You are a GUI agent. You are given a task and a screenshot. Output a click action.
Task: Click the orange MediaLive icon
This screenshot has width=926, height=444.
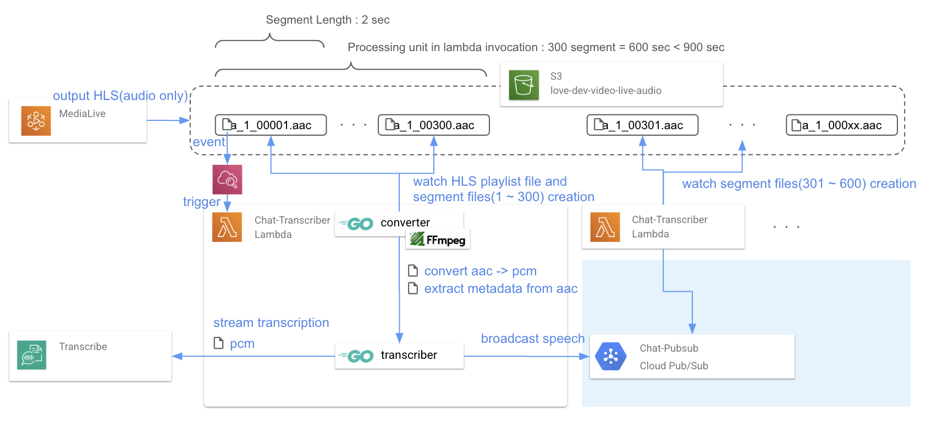click(x=36, y=121)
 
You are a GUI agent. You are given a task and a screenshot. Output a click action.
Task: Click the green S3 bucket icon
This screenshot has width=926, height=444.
click(x=523, y=85)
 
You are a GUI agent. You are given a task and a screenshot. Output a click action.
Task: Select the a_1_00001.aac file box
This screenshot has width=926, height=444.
click(x=271, y=125)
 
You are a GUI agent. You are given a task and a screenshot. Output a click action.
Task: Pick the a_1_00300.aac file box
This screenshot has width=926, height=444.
click(x=433, y=125)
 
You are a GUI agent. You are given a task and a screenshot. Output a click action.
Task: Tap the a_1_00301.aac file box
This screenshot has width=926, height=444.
click(x=642, y=125)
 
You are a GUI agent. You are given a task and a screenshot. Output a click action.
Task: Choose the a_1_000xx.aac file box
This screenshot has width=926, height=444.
click(x=841, y=125)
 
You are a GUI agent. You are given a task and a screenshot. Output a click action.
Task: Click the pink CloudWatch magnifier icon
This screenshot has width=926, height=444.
click(x=227, y=179)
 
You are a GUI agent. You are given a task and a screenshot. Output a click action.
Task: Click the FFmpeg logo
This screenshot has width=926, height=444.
click(x=438, y=240)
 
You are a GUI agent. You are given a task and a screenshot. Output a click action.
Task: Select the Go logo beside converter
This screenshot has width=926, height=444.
click(x=357, y=224)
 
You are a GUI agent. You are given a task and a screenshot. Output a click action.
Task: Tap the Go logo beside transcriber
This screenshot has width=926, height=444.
click(x=357, y=356)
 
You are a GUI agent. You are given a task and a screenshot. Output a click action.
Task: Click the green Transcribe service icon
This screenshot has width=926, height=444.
click(x=31, y=355)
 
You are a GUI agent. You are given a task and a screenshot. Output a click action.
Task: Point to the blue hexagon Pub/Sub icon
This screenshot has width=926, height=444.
click(x=610, y=357)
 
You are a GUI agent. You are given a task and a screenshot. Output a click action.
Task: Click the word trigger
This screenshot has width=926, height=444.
click(x=201, y=202)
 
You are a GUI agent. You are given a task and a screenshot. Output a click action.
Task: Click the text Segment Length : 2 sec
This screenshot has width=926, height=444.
click(x=328, y=20)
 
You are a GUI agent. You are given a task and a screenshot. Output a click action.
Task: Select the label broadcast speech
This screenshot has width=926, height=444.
click(x=532, y=338)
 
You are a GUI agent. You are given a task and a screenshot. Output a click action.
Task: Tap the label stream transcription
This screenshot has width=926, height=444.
click(x=271, y=323)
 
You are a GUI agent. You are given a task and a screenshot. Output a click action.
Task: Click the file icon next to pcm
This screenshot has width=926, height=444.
click(x=218, y=343)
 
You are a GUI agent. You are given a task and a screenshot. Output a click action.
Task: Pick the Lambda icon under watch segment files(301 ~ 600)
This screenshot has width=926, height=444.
click(x=605, y=227)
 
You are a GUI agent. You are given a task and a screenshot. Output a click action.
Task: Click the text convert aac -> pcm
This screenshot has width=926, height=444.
click(x=480, y=271)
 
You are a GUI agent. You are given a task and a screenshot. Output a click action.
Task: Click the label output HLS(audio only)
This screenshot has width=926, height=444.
click(x=120, y=96)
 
